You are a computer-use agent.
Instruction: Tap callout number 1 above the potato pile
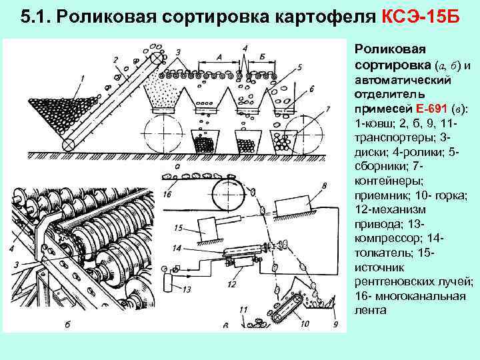tap(81, 79)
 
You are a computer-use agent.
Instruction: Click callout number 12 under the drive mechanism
tap(231, 285)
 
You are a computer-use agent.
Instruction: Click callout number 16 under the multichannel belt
tap(167, 194)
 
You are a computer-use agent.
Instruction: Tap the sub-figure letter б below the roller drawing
tap(67, 325)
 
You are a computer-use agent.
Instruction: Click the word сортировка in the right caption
tap(392, 65)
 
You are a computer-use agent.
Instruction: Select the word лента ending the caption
tap(370, 310)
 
